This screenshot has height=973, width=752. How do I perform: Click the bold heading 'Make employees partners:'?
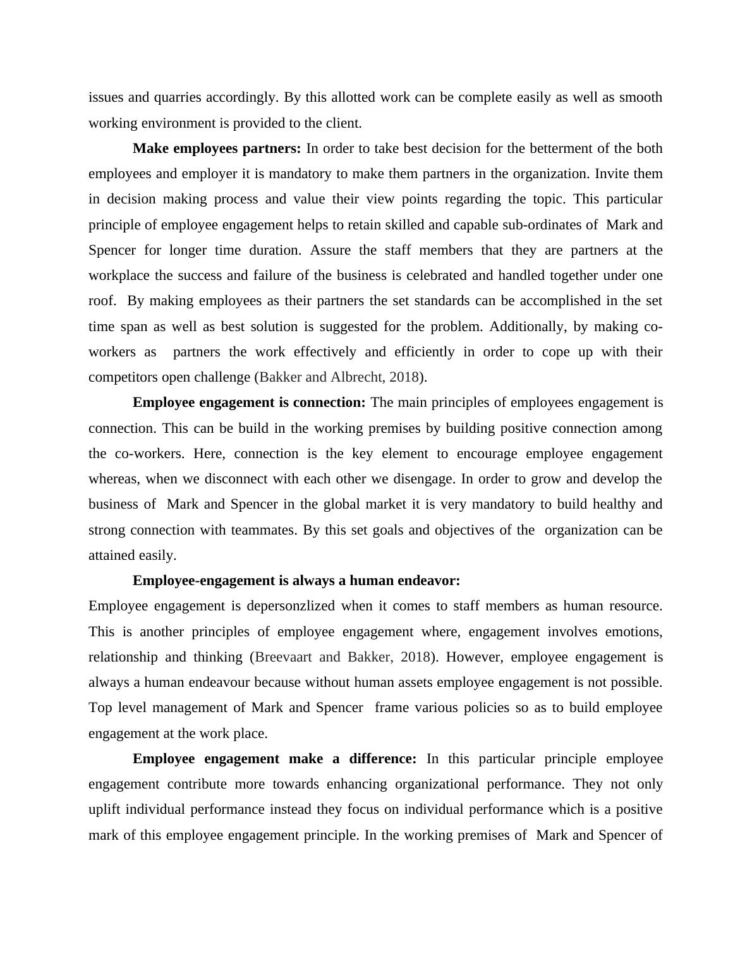click(217, 148)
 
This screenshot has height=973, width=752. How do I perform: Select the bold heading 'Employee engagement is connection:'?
click(249, 402)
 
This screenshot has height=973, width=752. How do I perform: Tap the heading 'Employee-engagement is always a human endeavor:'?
click(296, 580)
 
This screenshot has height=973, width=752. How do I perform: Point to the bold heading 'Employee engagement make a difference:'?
click(274, 758)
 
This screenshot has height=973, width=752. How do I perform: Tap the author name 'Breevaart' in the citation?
click(284, 657)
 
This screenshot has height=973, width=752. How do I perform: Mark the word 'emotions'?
click(634, 632)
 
